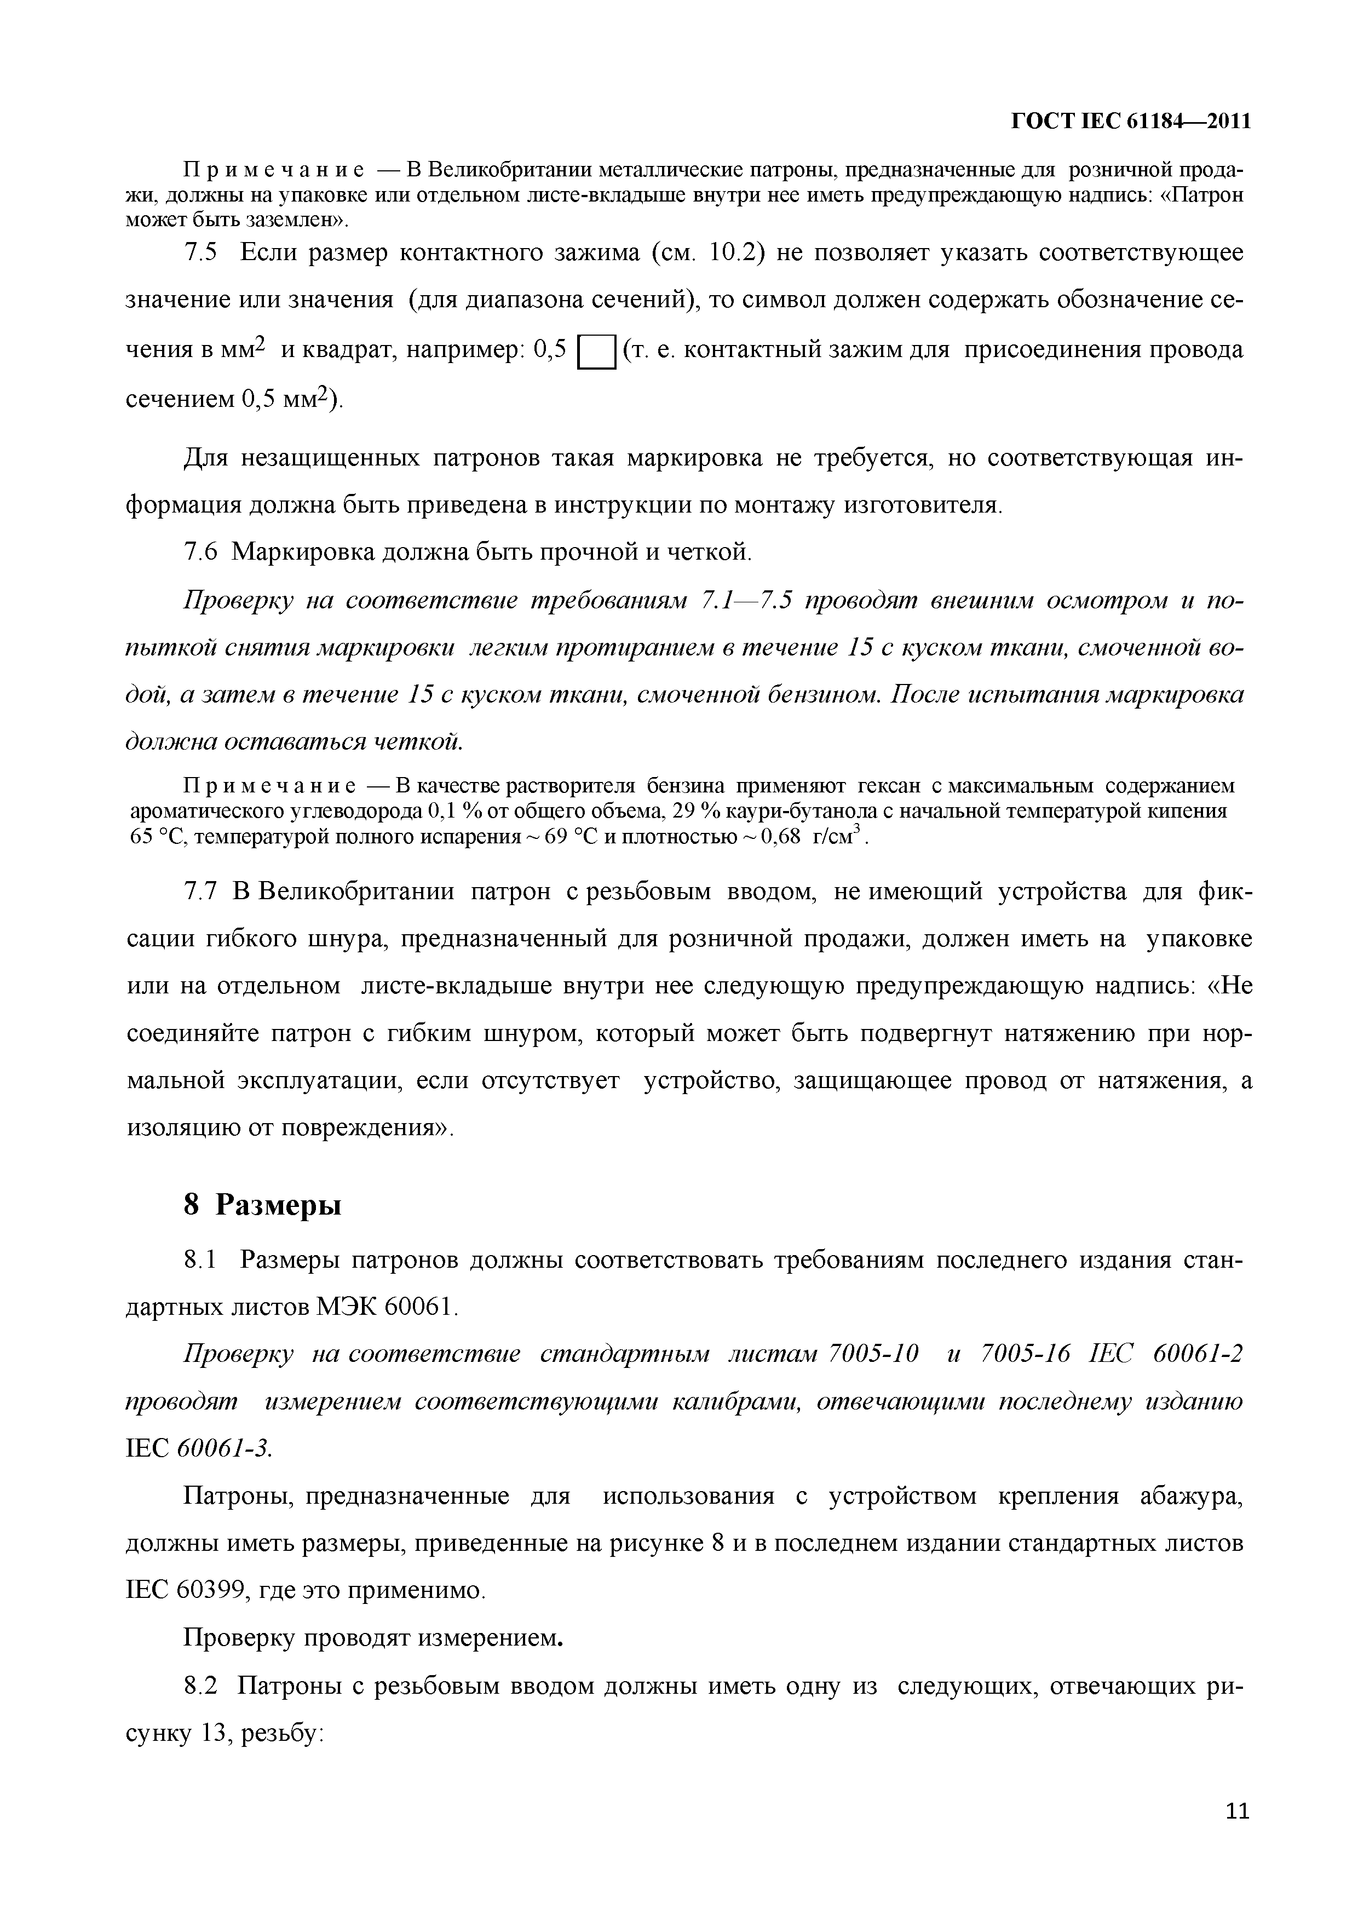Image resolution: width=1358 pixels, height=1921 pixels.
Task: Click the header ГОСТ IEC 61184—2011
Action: tap(1131, 122)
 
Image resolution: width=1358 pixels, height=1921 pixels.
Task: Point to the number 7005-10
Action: tap(872, 1354)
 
